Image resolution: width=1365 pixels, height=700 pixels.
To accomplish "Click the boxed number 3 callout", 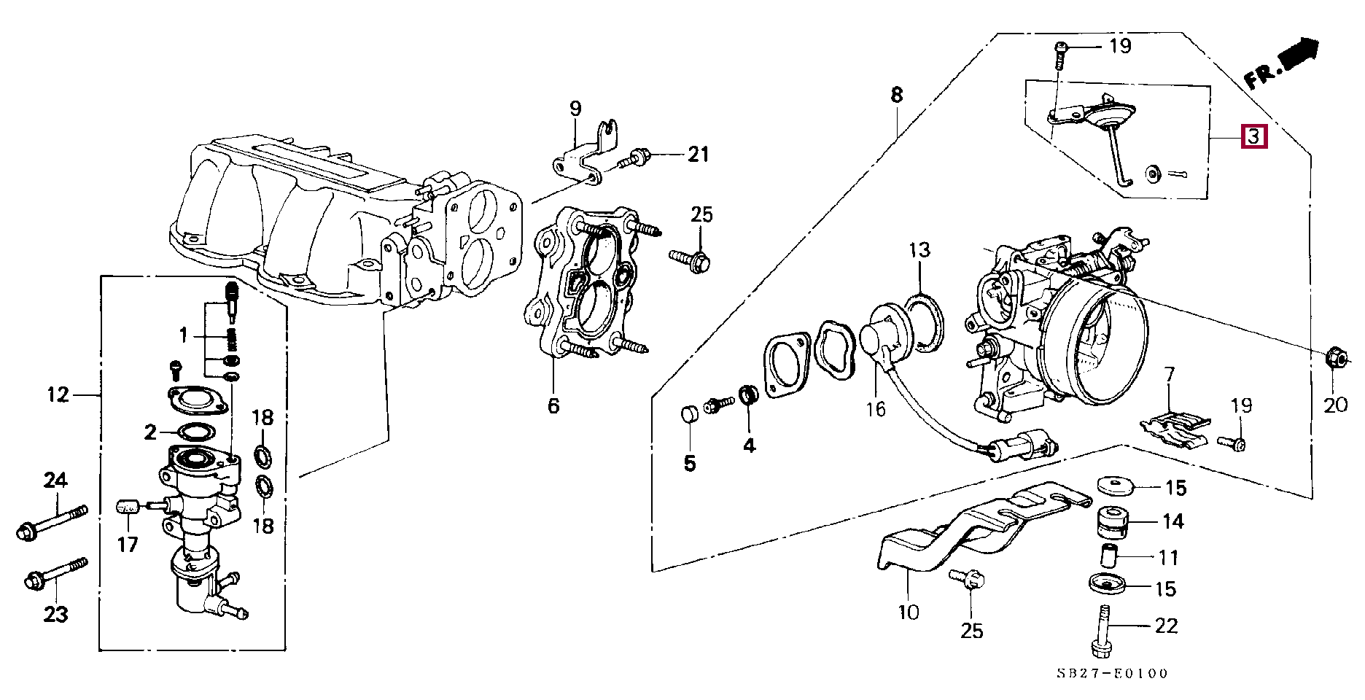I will point(1254,136).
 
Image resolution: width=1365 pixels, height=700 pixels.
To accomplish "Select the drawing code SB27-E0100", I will point(1112,674).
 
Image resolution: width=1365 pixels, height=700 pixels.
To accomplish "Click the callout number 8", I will point(896,95).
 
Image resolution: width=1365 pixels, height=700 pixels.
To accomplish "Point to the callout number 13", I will point(919,251).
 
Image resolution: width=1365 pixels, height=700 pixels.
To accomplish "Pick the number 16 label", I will point(876,409).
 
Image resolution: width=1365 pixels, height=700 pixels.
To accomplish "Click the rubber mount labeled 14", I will point(1113,521).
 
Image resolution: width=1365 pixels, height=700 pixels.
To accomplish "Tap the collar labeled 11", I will point(1111,557).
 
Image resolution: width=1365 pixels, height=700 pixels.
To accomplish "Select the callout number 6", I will point(553,405).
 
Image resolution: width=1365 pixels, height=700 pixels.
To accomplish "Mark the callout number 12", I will point(58,395).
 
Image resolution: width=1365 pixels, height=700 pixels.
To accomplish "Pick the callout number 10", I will point(908,612).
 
